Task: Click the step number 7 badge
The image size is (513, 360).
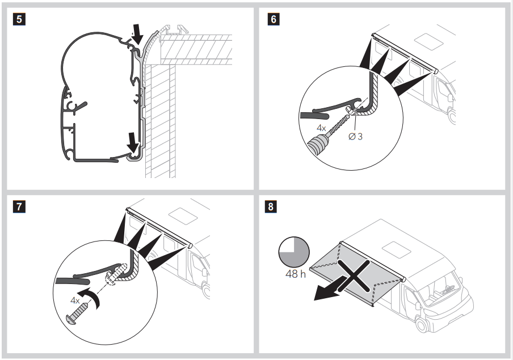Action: click(19, 207)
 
